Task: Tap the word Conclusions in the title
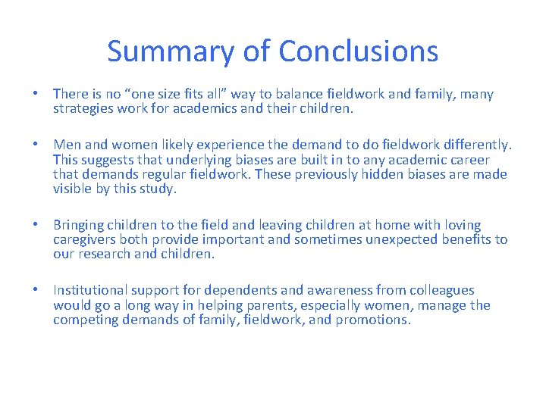(358, 52)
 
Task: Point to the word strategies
(83, 109)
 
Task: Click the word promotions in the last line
(373, 320)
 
